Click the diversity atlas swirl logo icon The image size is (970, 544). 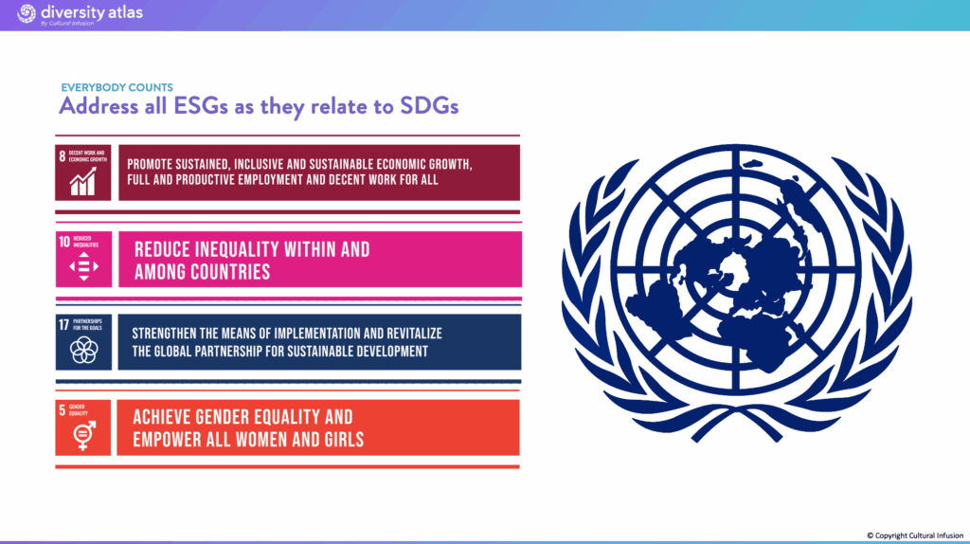pos(27,13)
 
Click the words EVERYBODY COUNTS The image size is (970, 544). pos(117,87)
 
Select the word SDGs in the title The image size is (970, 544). pos(429,106)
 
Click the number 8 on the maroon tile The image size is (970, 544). pos(62,156)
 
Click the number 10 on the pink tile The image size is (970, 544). pos(64,242)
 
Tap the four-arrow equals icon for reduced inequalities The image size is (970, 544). pos(83,266)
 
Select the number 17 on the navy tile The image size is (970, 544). pos(63,325)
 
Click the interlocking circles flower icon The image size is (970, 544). pos(83,351)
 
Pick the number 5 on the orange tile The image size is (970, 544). pos(62,409)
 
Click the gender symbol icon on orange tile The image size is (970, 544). pos(84,435)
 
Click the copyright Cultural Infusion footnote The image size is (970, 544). pos(915,535)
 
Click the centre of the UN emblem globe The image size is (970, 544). pos(735,270)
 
